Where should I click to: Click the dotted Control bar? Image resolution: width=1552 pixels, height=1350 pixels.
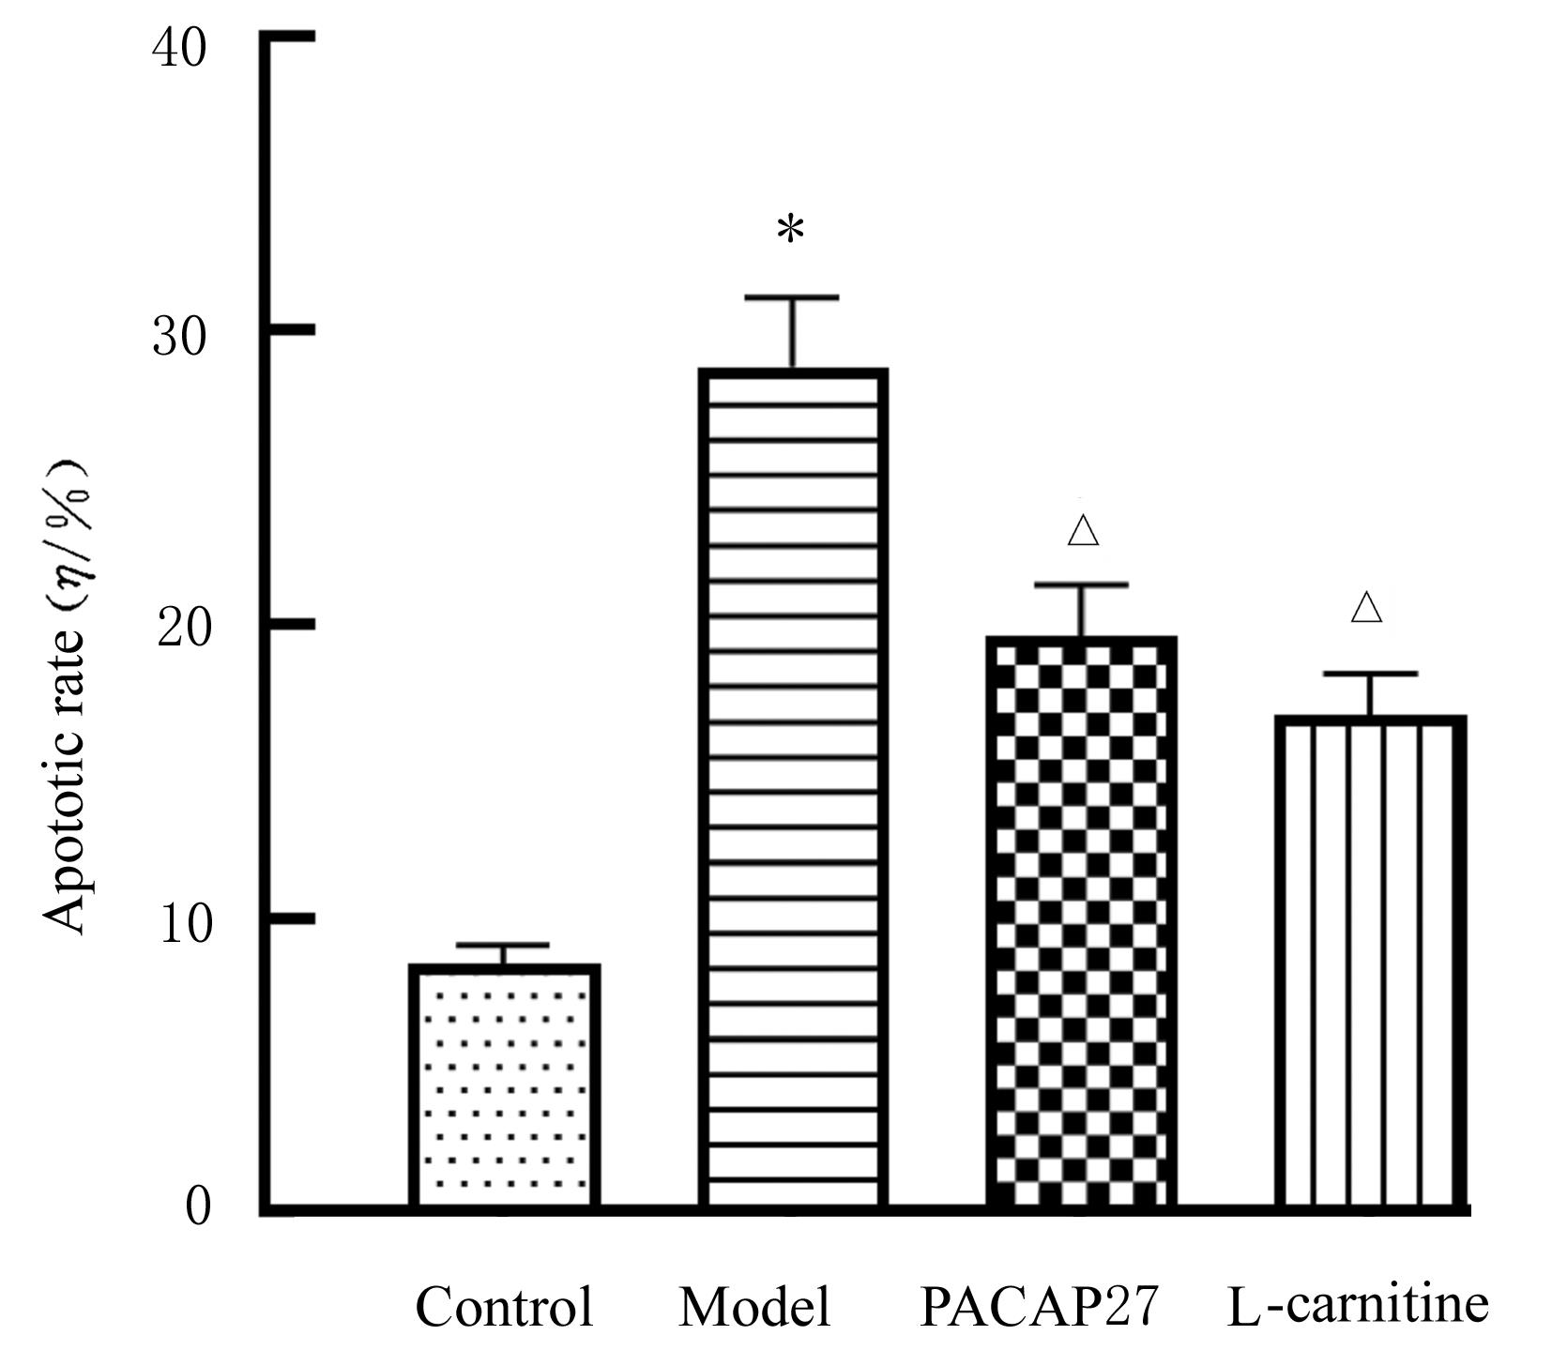point(504,1088)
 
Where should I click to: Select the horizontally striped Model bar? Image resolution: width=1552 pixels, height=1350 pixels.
point(792,788)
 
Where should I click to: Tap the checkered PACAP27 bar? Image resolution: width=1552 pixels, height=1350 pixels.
point(1081,924)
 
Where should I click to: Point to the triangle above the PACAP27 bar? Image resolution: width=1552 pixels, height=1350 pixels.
point(1083,531)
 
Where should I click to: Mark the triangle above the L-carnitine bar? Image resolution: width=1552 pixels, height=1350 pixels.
point(1367,608)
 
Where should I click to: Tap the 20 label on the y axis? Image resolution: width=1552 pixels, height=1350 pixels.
point(182,630)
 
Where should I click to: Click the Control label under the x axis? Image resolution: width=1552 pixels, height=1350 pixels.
point(505,1307)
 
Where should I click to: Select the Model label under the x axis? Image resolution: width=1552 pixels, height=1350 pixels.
point(754,1307)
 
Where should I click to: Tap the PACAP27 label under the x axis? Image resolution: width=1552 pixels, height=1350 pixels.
point(1040,1307)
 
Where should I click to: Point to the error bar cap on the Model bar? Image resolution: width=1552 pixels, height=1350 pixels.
point(792,297)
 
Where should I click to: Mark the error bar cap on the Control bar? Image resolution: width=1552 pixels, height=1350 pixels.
point(505,945)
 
